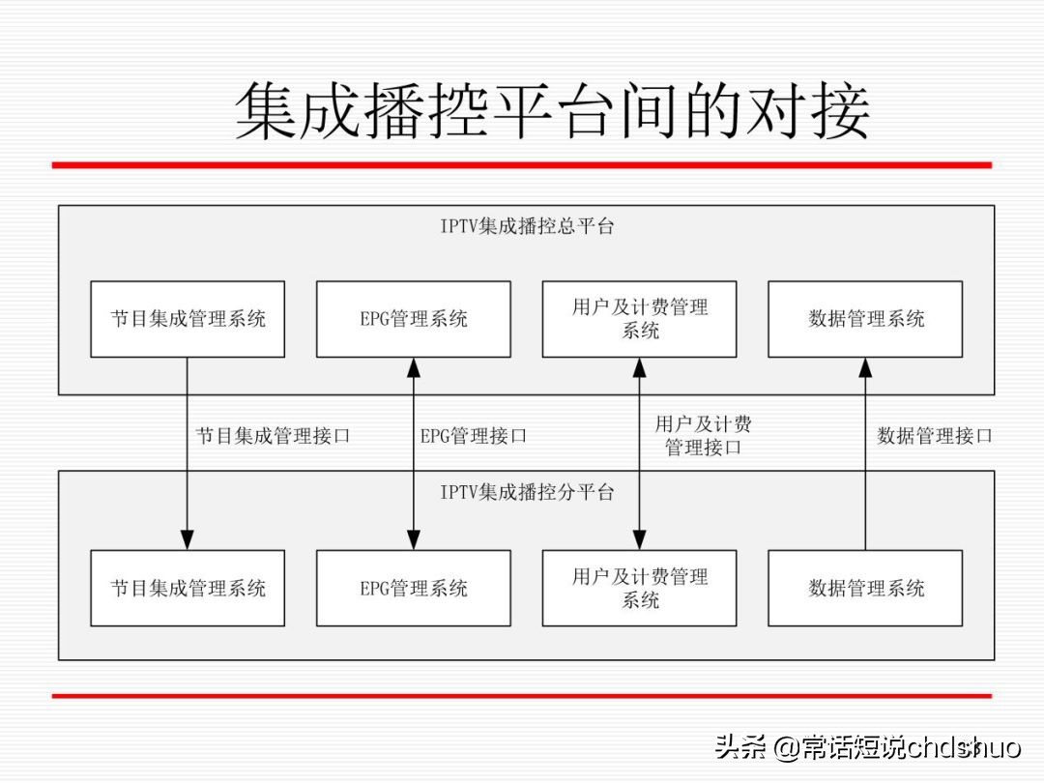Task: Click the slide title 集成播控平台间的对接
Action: [552, 112]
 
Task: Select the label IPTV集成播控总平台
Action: [527, 227]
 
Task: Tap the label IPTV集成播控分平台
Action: [527, 492]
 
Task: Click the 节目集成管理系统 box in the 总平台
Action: [188, 319]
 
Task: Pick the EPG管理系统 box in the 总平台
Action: [414, 319]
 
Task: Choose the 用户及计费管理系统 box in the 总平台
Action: [639, 319]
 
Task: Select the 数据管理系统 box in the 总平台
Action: [865, 319]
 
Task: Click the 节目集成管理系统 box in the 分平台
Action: [188, 588]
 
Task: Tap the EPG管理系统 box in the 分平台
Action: [414, 588]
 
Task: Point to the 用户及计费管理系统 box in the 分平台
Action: [639, 588]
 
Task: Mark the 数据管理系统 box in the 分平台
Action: [865, 588]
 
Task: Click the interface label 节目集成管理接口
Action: [274, 436]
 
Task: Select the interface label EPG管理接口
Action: [474, 436]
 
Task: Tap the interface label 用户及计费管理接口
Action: [703, 436]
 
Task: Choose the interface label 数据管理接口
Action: [934, 436]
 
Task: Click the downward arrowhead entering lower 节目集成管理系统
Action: [188, 539]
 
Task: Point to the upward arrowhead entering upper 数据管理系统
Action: [865, 367]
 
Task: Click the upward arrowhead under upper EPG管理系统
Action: [414, 367]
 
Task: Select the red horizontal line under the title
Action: [522, 165]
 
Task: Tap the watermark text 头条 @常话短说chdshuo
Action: [867, 746]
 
